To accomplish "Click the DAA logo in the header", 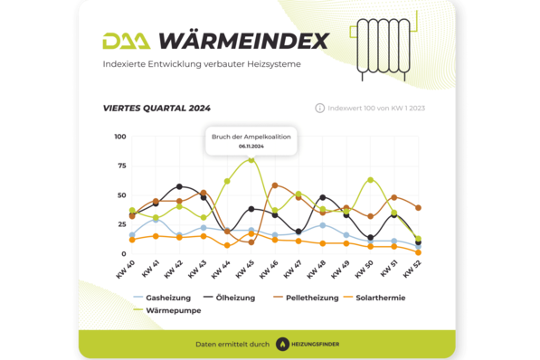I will tap(126, 42).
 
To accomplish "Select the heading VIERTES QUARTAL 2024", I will tap(156, 108).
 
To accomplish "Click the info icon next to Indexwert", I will tap(319, 108).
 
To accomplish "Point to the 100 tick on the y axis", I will tap(120, 137).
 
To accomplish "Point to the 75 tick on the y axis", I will tap(121, 166).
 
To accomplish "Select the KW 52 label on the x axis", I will tap(412, 270).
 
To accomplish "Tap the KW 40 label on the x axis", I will tap(127, 270).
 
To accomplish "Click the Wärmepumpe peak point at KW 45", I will tap(251, 160).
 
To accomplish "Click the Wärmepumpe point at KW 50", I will tap(370, 180).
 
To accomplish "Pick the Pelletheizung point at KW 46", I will tap(275, 185).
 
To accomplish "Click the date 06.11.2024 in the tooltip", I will tap(251, 146).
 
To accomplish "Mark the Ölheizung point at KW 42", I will tap(179, 186).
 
